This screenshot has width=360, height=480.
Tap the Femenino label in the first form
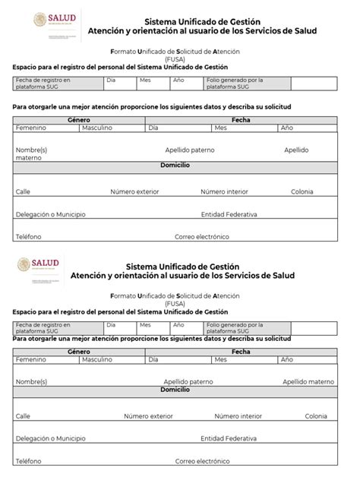coord(30,128)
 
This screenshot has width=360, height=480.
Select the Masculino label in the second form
coord(97,359)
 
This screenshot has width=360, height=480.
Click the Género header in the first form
coord(78,120)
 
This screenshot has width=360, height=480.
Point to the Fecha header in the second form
coord(242,352)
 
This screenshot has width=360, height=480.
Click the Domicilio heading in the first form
coord(175,165)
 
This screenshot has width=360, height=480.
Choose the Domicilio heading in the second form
coord(175,389)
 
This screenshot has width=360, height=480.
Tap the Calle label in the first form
coord(23,191)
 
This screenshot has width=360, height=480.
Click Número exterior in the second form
coord(148,416)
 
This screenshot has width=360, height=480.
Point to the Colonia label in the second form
coord(316,416)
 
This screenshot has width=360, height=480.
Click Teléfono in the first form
coord(29,237)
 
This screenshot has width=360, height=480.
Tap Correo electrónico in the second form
coord(202,461)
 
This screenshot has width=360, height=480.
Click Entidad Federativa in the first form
coord(229,214)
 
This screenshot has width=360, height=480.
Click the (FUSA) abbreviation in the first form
coord(175,58)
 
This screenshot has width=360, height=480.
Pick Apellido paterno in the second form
coord(188,381)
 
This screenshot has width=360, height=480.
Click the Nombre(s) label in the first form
coord(31,150)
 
